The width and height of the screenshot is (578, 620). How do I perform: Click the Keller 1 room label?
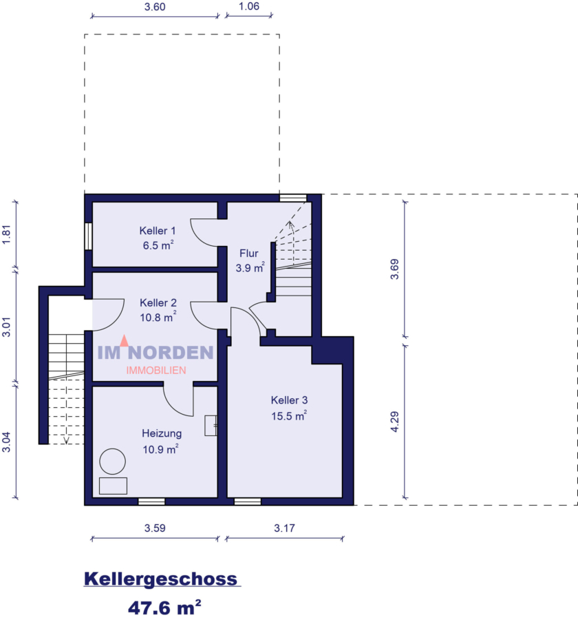[x=158, y=230]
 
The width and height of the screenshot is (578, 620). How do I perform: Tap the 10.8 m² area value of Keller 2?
[x=158, y=317]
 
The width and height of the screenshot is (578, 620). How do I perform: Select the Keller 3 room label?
[x=289, y=400]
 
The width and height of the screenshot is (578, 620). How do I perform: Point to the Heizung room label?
[x=162, y=433]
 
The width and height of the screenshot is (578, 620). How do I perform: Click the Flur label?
[x=249, y=253]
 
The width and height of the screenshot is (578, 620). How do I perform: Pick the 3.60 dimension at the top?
[x=154, y=8]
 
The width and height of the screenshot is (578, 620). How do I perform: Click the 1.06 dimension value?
[x=248, y=8]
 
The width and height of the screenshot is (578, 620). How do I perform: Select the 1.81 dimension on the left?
[x=7, y=234]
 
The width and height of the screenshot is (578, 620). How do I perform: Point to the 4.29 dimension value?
[x=394, y=421]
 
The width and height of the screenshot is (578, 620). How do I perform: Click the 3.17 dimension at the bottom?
[x=284, y=528]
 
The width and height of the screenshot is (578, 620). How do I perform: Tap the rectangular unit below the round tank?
[x=113, y=485]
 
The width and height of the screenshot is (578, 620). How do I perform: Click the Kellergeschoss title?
[x=161, y=579]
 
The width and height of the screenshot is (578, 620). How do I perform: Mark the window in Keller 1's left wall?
[x=88, y=236]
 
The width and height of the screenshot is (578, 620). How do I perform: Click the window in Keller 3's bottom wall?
[x=248, y=502]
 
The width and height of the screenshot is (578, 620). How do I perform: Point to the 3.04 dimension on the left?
[x=7, y=441]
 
